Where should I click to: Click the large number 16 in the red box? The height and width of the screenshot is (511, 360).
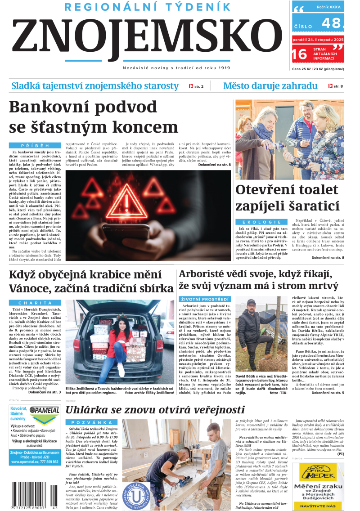click(299, 54)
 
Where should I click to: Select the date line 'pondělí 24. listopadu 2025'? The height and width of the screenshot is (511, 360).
click(318, 40)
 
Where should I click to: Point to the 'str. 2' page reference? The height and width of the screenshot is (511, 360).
click(197, 86)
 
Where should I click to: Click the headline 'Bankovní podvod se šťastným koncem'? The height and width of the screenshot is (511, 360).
click(93, 117)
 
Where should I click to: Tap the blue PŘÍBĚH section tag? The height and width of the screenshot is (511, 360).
click(36, 146)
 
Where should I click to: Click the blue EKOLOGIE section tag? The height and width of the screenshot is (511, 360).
click(262, 222)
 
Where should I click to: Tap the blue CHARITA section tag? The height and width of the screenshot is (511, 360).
click(35, 303)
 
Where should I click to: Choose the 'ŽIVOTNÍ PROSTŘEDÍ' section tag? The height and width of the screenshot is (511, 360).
click(204, 299)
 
